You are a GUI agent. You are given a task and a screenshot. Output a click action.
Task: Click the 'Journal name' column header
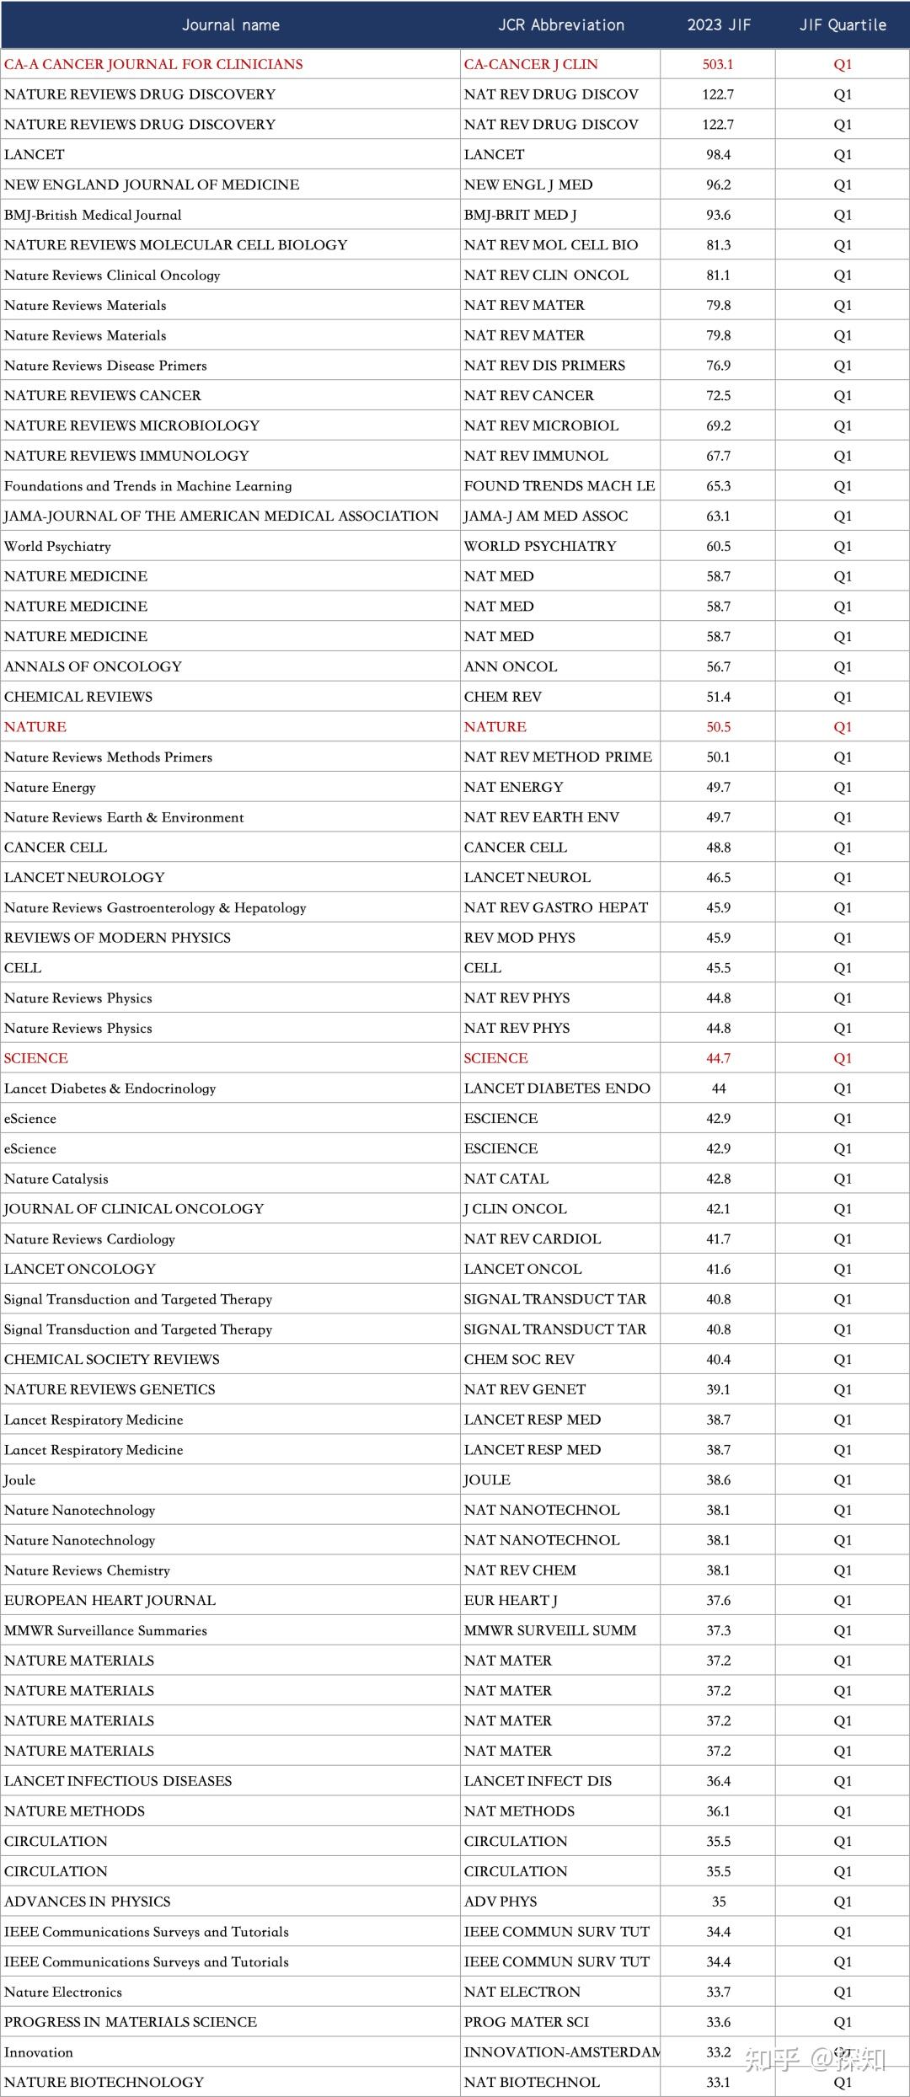point(231,25)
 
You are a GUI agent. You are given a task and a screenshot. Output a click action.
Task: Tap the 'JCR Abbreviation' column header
point(561,25)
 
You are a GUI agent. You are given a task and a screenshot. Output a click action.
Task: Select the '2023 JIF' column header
point(719,25)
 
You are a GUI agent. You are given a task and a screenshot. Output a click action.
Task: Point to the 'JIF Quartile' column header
point(843,25)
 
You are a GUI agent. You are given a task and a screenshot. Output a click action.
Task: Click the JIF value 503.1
point(718,64)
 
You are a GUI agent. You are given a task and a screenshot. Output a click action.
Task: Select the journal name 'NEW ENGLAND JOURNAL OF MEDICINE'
point(152,185)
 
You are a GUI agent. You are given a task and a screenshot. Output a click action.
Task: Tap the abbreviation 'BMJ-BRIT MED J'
point(520,215)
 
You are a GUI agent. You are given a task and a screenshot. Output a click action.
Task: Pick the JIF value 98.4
point(719,155)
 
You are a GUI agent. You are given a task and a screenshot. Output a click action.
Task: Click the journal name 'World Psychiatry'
point(57,546)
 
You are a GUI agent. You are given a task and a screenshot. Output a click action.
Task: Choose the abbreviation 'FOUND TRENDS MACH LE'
point(559,486)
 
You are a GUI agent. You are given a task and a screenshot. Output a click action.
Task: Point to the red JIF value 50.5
point(719,727)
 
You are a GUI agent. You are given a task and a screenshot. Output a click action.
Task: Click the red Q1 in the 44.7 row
point(843,1058)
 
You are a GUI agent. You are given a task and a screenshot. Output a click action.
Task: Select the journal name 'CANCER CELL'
point(56,848)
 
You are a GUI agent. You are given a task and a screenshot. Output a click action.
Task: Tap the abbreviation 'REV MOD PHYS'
point(520,938)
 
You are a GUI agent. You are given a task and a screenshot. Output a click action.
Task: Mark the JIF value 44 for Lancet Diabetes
point(719,1089)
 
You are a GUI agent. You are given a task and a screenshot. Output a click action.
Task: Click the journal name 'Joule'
point(20,1480)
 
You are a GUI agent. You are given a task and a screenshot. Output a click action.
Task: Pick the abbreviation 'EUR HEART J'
point(511,1601)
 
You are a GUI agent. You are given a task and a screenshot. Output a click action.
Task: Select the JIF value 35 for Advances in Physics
point(719,1902)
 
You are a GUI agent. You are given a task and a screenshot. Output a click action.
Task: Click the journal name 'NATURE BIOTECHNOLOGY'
point(104,2082)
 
